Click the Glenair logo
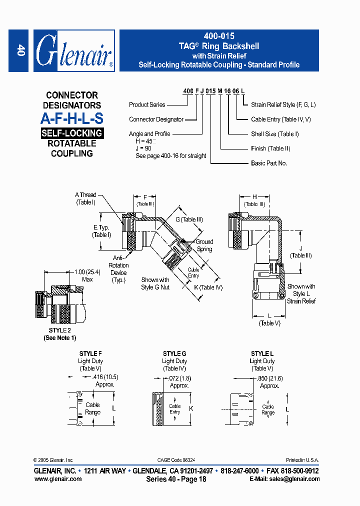point(74,51)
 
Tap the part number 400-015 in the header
point(218,36)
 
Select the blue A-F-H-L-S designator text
point(71,119)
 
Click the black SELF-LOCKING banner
point(71,133)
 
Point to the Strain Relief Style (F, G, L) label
point(283,105)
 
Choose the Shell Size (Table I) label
point(274,134)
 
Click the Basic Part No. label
point(268,163)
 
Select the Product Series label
point(147,105)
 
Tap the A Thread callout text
point(85,195)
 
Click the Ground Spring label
point(204,245)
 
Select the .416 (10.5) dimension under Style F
point(104,377)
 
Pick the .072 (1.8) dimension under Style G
point(179,378)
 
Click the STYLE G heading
point(174,353)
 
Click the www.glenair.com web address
point(57,479)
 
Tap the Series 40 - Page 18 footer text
point(176,479)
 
